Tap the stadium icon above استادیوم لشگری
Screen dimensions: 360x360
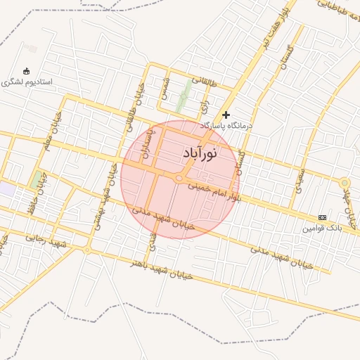(x=27, y=71)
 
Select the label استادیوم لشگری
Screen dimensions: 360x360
(x=27, y=82)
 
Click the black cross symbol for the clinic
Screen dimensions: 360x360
(x=226, y=114)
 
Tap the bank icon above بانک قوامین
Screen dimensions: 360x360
(x=322, y=217)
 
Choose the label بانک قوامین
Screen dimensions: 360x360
(x=321, y=228)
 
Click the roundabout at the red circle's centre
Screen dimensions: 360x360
(x=179, y=179)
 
